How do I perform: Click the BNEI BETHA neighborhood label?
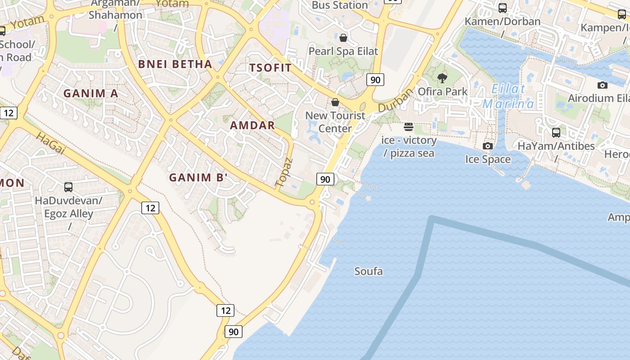click(x=175, y=64)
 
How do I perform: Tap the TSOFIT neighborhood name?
click(x=270, y=68)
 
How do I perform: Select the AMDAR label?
click(x=252, y=125)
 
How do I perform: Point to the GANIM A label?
click(x=90, y=94)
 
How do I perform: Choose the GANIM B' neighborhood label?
click(x=197, y=178)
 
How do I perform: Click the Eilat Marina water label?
click(x=508, y=96)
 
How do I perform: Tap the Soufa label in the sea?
click(x=369, y=271)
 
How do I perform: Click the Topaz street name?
click(x=283, y=172)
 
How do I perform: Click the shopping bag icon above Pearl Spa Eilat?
click(x=343, y=38)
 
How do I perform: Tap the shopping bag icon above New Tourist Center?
click(x=335, y=103)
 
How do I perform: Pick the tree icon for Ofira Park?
click(x=442, y=78)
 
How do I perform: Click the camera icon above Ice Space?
click(x=487, y=146)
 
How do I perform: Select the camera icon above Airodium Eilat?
click(x=602, y=85)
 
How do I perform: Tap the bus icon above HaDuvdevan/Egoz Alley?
click(x=68, y=187)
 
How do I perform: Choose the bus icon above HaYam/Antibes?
click(x=556, y=133)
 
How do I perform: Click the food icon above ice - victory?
click(x=409, y=127)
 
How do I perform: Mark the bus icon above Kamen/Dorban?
click(x=503, y=8)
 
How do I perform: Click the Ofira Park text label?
click(x=443, y=91)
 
